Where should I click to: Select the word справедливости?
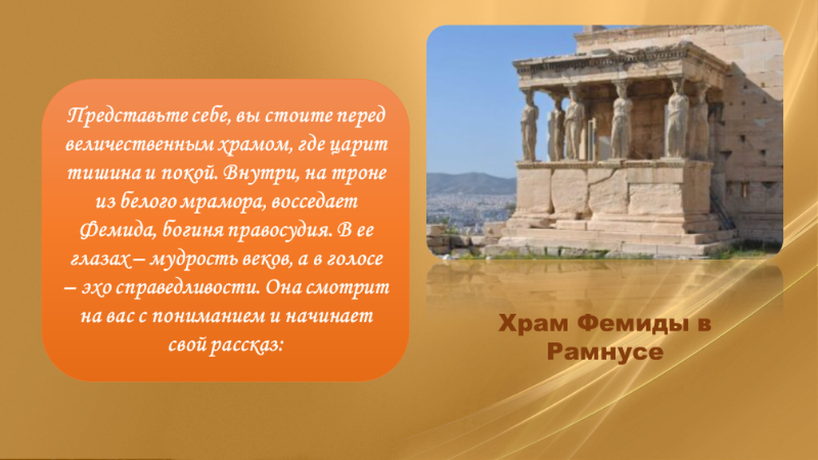[188, 287]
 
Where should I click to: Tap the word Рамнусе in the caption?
[606, 352]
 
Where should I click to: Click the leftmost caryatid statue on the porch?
[530, 126]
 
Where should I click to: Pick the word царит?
[359, 145]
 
